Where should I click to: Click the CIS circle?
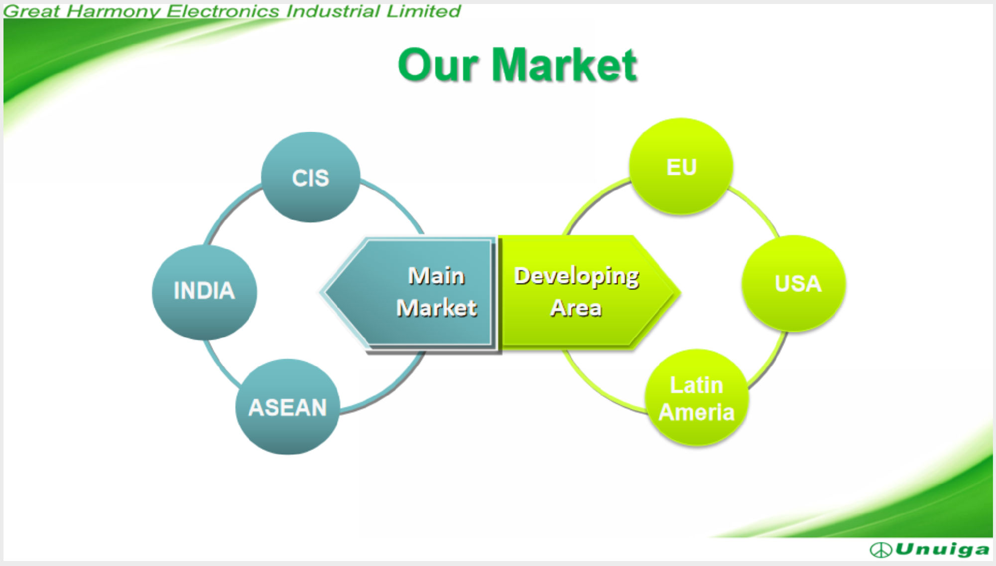(310, 177)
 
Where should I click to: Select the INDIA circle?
(204, 292)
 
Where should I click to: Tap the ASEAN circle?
(287, 407)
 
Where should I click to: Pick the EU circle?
(681, 166)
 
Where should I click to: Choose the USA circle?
(794, 283)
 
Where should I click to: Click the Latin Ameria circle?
(697, 398)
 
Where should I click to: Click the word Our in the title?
(438, 65)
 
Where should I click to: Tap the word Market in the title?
(564, 65)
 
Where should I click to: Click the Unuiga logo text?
(942, 549)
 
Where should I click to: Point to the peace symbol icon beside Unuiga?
(880, 550)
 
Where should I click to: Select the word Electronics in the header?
(223, 11)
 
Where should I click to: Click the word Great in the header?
(32, 11)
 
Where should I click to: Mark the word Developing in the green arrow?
(577, 277)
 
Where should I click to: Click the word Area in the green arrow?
(576, 308)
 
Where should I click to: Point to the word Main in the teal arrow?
(436, 276)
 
